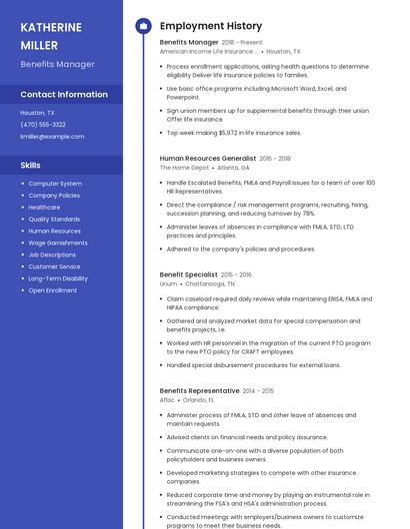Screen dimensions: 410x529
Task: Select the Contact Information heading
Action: pos(64,95)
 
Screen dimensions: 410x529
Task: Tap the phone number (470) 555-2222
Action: pos(43,125)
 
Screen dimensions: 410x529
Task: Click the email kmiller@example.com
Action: pos(52,137)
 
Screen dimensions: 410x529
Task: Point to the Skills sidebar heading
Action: pos(31,165)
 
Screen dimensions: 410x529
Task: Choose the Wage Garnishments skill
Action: pos(58,243)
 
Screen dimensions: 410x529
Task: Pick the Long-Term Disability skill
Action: pos(58,278)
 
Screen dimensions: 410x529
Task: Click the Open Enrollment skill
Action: pos(53,290)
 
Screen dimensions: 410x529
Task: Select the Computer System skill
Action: pos(55,184)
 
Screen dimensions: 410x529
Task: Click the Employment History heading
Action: pos(211,26)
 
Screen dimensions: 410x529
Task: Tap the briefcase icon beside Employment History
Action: pos(143,26)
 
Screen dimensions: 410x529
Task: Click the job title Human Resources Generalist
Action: pos(208,158)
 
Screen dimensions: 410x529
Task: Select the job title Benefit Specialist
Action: pos(188,274)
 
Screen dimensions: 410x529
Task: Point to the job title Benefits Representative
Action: pos(199,390)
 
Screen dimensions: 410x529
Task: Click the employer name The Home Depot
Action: pos(184,168)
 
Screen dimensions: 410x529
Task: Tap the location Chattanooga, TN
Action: pos(211,283)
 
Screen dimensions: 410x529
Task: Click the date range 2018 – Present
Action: pos(242,43)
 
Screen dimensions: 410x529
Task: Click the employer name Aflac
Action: pos(167,400)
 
